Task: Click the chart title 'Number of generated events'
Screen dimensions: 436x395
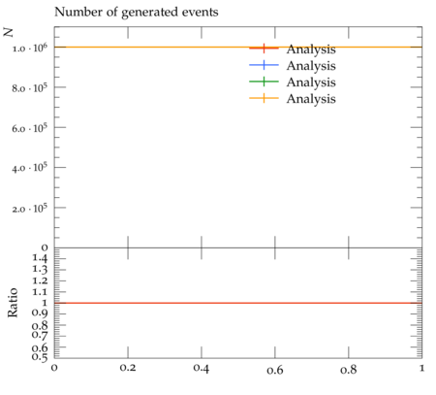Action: click(x=137, y=13)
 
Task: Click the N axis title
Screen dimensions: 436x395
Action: click(x=9, y=32)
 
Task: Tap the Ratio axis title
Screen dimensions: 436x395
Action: click(x=13, y=303)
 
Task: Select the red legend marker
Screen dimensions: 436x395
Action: click(x=264, y=49)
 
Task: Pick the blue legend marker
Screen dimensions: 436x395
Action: click(x=264, y=65)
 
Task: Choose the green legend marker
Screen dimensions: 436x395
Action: click(x=264, y=82)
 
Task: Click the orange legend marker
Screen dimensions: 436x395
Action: click(x=264, y=98)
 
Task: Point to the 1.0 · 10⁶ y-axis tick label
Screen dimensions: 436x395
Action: click(x=29, y=48)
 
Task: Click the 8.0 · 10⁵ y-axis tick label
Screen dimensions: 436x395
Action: click(x=29, y=88)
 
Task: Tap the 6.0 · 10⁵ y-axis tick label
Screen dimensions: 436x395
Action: click(x=29, y=128)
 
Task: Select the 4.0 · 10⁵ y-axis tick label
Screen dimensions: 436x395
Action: click(x=29, y=168)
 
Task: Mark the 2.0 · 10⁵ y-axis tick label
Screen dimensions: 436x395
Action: click(x=29, y=209)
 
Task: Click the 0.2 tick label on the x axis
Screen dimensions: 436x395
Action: click(x=128, y=368)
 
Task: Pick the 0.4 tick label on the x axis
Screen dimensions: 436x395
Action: click(x=202, y=368)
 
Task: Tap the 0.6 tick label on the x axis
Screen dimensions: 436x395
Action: click(x=275, y=369)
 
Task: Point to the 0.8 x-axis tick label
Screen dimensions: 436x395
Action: click(x=349, y=369)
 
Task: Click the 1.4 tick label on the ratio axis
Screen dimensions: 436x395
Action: click(x=40, y=258)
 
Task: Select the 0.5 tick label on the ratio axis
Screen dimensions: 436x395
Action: click(x=40, y=357)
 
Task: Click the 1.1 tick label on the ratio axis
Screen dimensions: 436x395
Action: click(x=40, y=292)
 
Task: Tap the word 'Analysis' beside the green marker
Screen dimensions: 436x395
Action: click(x=311, y=82)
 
